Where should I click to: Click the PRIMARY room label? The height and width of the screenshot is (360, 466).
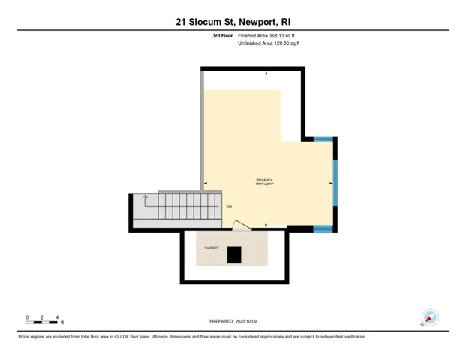(265, 180)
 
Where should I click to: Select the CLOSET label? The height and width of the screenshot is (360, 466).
(212, 247)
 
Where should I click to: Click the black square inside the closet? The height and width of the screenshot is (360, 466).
(235, 255)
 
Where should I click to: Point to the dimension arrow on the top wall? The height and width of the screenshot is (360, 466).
(268, 73)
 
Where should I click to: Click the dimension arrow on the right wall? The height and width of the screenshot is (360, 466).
(331, 182)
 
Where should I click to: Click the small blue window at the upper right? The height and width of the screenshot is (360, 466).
(324, 139)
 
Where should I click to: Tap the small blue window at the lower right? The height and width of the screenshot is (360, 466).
(324, 228)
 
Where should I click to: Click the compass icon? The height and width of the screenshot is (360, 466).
(429, 317)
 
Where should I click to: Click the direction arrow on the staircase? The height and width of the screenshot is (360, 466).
(141, 200)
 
